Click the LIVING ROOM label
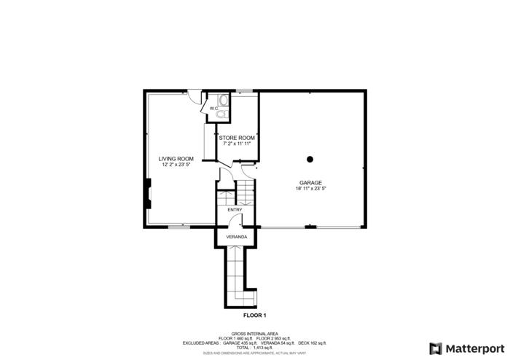(176, 159)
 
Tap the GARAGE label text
(310, 183)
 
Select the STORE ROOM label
(237, 138)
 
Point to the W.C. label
(213, 109)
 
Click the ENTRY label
(235, 210)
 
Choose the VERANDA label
(236, 238)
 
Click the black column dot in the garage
(310, 159)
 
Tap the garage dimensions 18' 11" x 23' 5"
(310, 189)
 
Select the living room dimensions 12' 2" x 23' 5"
(176, 165)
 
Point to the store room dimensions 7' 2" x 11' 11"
(237, 144)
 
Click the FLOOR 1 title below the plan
(254, 315)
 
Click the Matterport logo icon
(436, 348)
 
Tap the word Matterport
(474, 348)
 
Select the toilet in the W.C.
(221, 114)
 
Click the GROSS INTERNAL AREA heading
(254, 334)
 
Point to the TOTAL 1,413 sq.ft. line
(254, 348)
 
